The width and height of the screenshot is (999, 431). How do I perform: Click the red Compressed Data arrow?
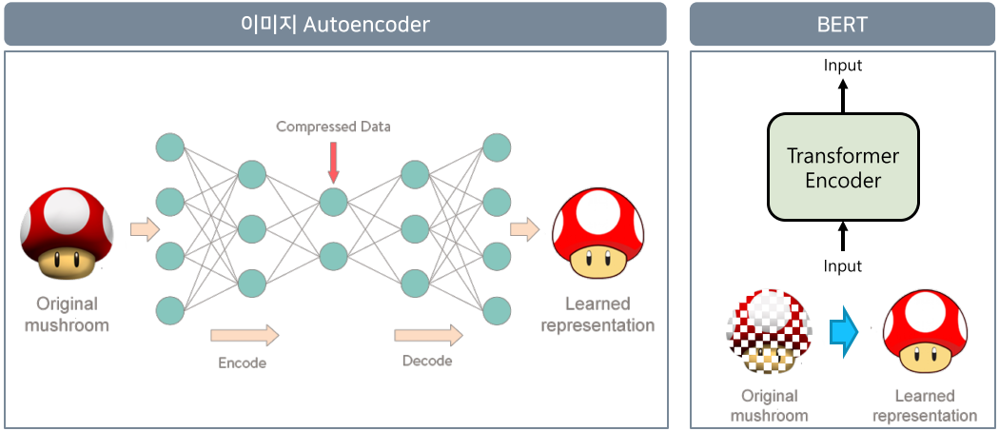tap(333, 162)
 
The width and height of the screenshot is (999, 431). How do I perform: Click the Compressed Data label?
tap(333, 127)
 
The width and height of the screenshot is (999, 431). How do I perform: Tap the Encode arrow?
tap(245, 335)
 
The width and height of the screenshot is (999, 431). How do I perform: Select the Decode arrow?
tap(428, 335)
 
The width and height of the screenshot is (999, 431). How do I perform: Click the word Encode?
tap(242, 362)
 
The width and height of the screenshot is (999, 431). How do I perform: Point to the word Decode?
tap(427, 361)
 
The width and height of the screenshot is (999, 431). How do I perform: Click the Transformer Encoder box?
tap(843, 167)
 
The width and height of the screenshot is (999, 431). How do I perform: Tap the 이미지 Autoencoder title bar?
tap(335, 24)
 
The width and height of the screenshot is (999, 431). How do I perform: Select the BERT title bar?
tap(842, 24)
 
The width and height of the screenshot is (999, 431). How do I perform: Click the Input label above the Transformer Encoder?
tap(843, 66)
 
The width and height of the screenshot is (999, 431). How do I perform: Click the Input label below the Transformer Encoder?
tap(843, 266)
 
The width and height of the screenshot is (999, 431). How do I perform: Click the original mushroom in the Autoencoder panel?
tap(68, 233)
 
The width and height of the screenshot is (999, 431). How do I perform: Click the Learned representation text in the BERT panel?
tap(925, 405)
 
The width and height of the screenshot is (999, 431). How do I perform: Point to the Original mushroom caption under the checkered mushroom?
tap(769, 405)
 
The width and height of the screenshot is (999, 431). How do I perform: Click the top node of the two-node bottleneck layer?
tap(333, 203)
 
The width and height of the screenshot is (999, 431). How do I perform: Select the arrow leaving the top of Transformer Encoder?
tap(843, 94)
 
